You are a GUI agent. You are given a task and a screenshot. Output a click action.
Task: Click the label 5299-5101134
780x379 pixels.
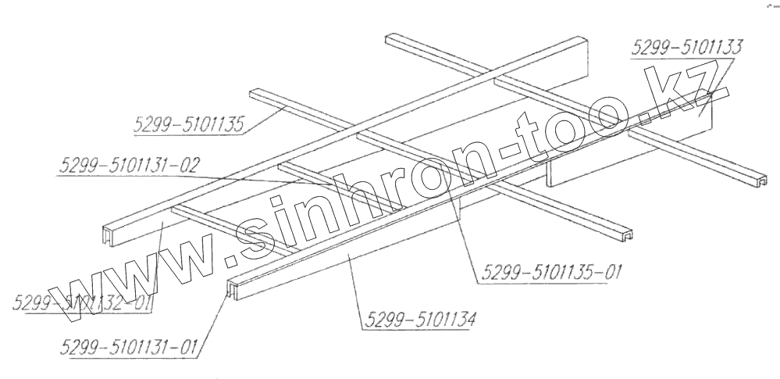417,319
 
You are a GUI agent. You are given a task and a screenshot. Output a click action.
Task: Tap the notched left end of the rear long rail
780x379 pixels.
109,233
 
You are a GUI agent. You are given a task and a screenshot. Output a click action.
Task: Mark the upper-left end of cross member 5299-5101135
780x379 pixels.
255,93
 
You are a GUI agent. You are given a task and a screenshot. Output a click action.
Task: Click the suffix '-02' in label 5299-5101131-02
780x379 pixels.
187,166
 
